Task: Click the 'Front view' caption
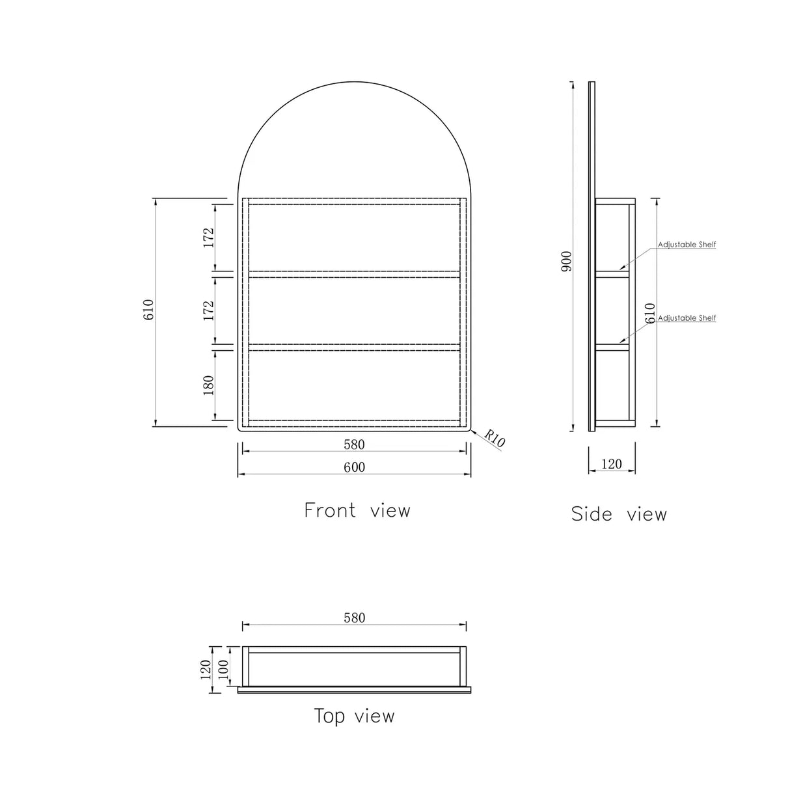pos(357,510)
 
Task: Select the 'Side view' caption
pos(619,514)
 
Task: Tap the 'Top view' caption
pos(355,716)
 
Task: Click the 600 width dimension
pos(355,467)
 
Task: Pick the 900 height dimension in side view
pos(566,261)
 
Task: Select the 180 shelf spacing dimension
pos(209,385)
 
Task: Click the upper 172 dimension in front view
pos(209,238)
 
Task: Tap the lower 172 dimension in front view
pos(209,310)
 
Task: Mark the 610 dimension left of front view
pos(149,309)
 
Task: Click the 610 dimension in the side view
pos(649,314)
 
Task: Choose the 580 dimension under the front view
pos(355,445)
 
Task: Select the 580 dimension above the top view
pos(355,618)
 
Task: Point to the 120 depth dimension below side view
pos(612,465)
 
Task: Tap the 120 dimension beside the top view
pos(206,668)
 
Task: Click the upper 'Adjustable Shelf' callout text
pos(687,245)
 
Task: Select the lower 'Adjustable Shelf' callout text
pos(687,318)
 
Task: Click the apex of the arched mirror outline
pos(355,83)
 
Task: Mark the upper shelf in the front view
pos(355,274)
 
